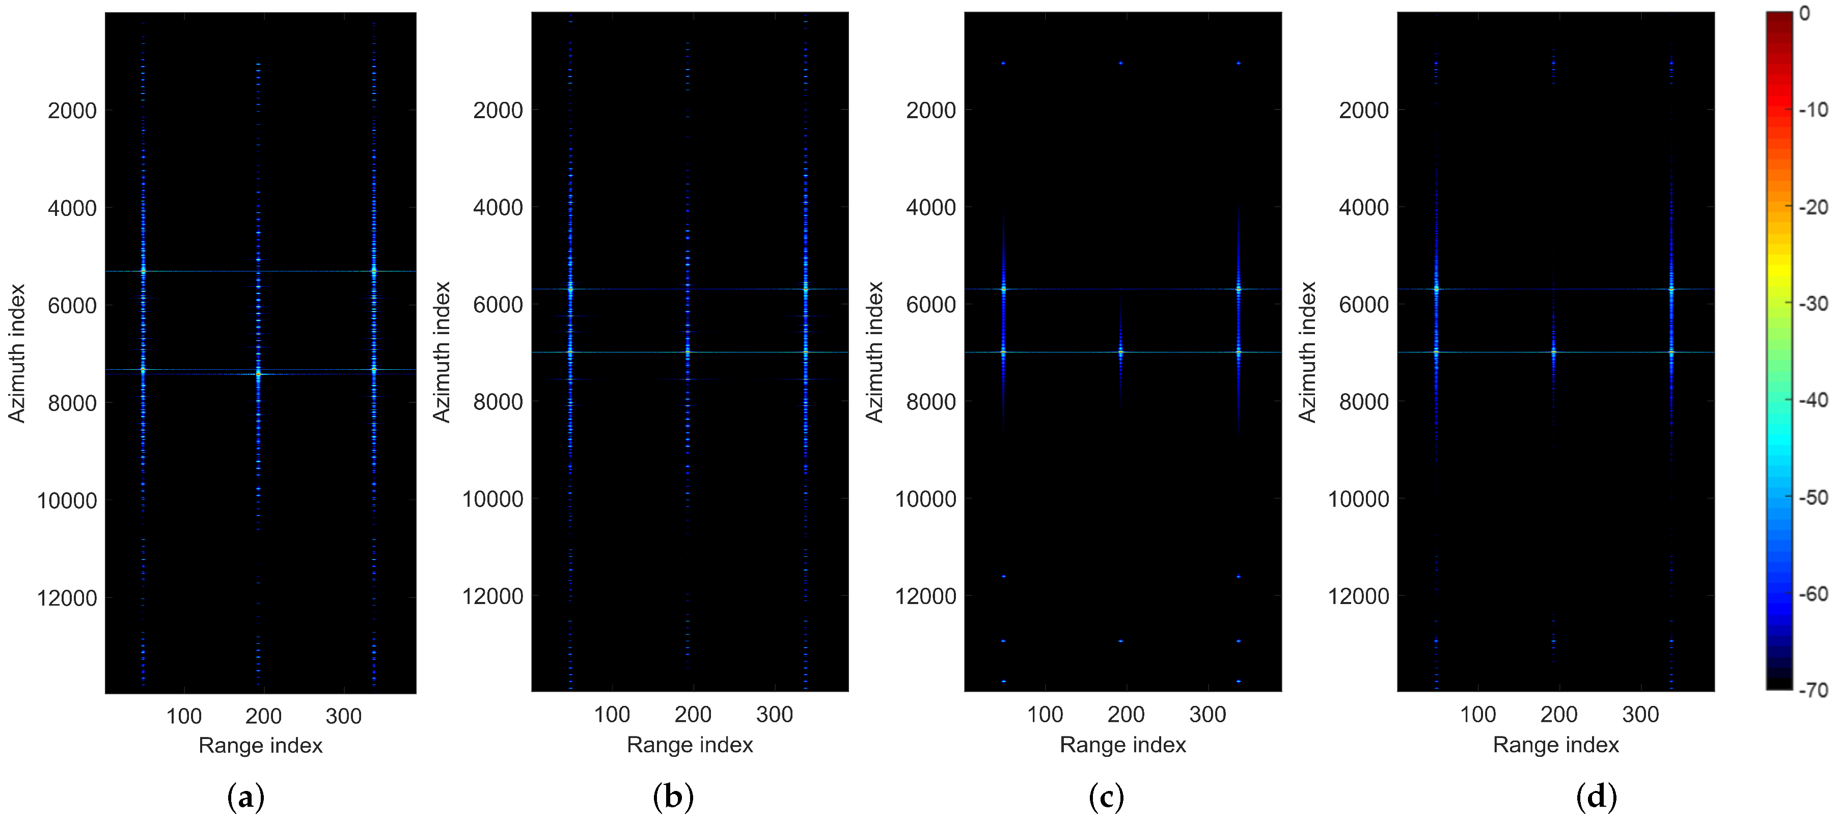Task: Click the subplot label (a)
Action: coord(245,797)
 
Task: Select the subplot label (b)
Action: coord(673,797)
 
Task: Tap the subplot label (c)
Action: coord(1106,797)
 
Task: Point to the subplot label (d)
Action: coord(1596,797)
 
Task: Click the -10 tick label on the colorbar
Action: coord(1814,110)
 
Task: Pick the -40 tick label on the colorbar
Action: coord(1814,400)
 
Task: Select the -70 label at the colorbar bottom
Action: coord(1814,690)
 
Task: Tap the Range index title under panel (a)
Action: coord(260,746)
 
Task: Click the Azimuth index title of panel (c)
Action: coord(874,352)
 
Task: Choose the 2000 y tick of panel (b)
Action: coord(498,111)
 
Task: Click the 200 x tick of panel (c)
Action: coord(1126,715)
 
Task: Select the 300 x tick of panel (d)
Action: coord(1640,715)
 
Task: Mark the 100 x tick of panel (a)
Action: coord(184,716)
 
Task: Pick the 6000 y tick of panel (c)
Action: coord(931,305)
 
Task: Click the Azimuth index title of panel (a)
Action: coord(16,353)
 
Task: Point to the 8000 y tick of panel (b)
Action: coord(498,402)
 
